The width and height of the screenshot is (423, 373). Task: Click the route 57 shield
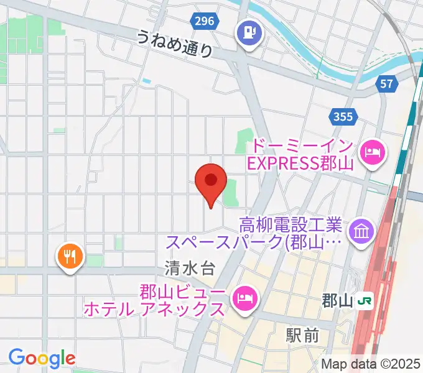[x=388, y=83]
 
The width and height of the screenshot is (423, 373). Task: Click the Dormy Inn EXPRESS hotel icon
[x=373, y=151]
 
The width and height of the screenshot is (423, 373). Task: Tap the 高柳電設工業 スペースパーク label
[x=289, y=232]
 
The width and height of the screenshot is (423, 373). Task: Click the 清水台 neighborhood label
[x=190, y=269]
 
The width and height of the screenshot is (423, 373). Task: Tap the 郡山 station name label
[x=337, y=302]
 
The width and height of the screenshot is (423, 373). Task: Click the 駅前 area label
[x=302, y=336]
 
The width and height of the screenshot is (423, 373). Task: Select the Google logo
[x=42, y=358]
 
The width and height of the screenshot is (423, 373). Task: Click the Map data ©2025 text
[x=371, y=364]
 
